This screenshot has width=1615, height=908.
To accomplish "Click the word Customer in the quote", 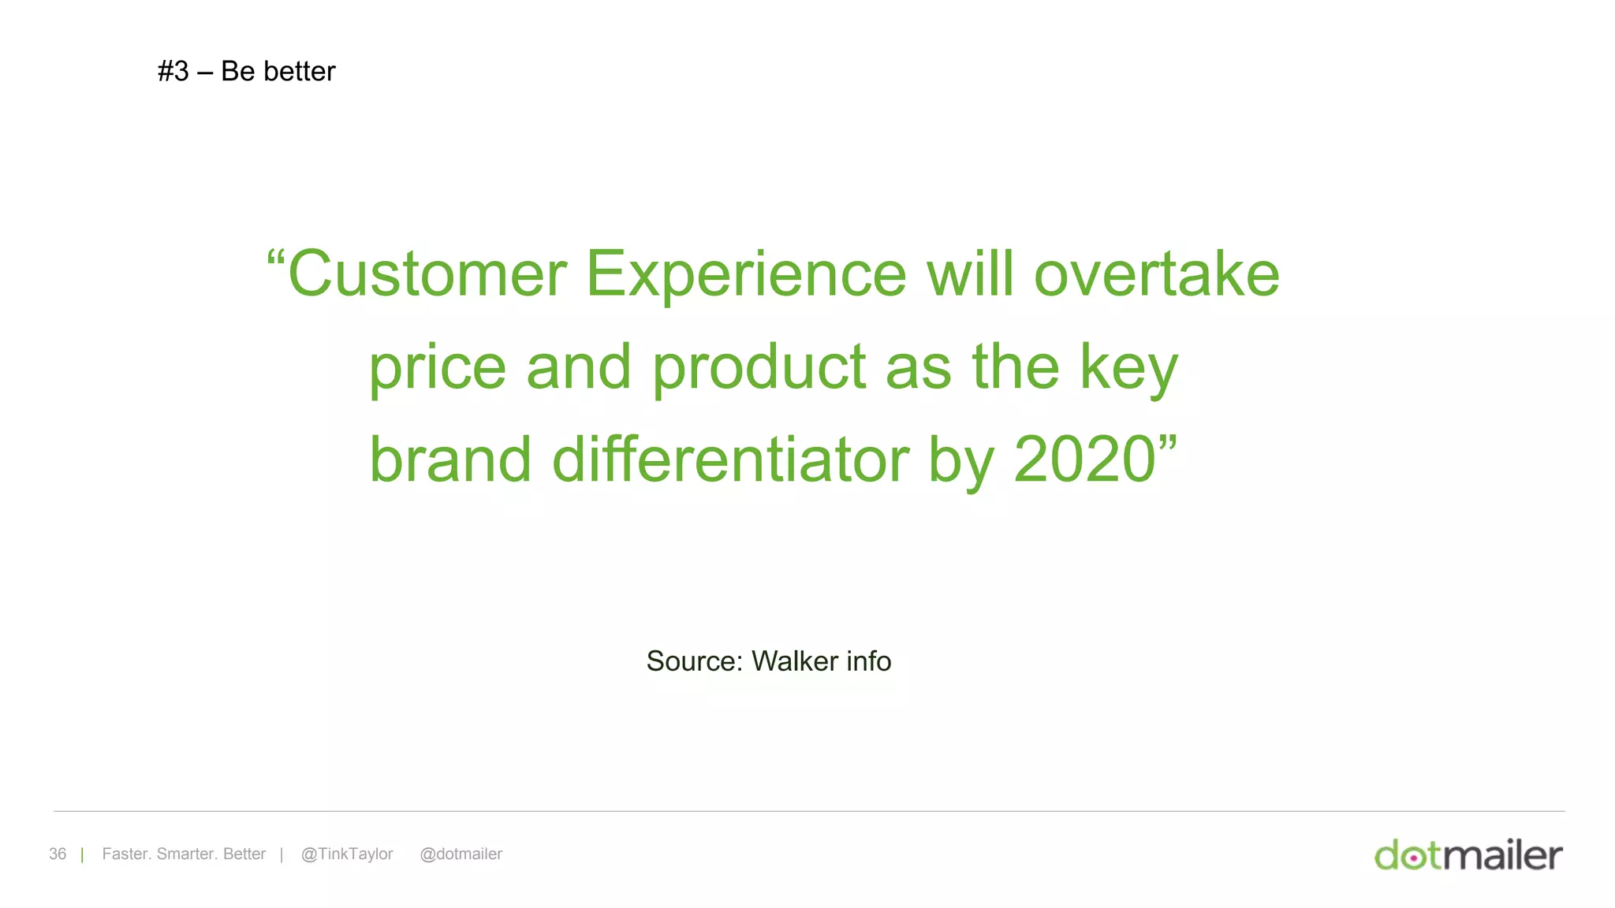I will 427,274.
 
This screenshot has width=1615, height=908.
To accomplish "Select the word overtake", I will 1156,274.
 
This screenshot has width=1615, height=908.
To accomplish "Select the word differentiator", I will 730,460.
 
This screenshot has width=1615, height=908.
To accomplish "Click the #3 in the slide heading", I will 173,72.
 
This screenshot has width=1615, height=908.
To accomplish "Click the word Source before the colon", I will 691,661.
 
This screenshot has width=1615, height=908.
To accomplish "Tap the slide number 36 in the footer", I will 58,854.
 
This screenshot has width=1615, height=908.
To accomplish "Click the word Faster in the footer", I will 125,854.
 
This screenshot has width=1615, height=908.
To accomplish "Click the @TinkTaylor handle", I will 347,854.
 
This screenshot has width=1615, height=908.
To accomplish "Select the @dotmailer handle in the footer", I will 461,854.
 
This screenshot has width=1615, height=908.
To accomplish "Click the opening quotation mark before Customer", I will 275,257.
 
